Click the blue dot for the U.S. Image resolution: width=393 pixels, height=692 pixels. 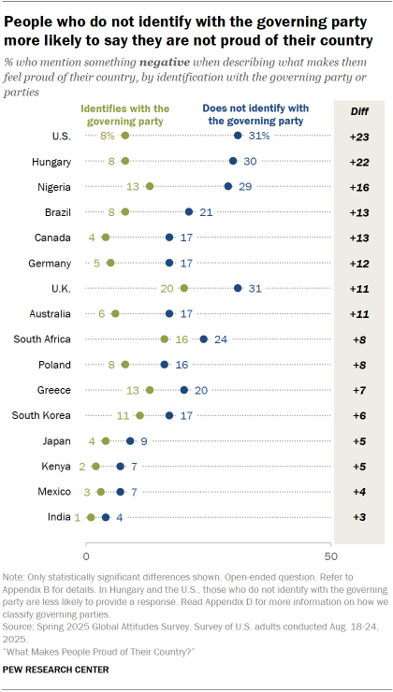(238, 136)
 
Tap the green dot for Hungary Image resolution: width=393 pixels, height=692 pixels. (125, 161)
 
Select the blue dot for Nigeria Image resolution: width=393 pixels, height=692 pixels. (227, 186)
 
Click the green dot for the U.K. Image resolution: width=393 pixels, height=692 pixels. (183, 288)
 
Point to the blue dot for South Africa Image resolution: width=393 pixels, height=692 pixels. (203, 339)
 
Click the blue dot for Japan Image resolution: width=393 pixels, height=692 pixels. (130, 440)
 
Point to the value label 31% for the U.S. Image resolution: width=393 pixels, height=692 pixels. (259, 136)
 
